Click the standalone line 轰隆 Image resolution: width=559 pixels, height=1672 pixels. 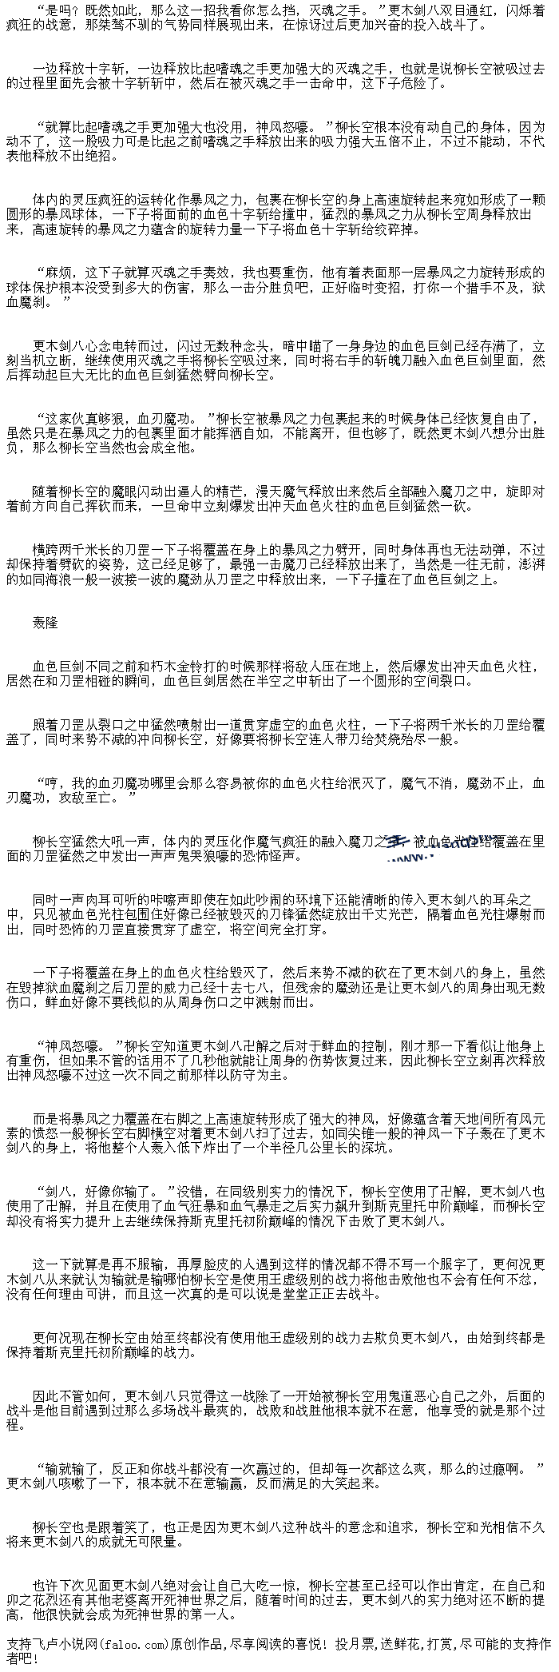point(46,623)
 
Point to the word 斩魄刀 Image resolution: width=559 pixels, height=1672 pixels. point(358,360)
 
